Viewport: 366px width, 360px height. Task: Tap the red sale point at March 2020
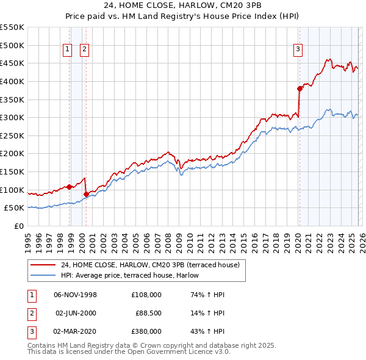click(x=300, y=88)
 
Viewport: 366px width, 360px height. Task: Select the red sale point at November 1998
click(x=70, y=187)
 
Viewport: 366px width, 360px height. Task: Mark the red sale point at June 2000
click(x=86, y=194)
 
